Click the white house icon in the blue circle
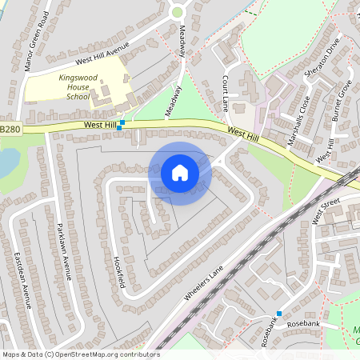[180, 173]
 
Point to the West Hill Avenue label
[102, 54]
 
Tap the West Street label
[326, 213]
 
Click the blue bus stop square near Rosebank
[279, 313]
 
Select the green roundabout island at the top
[178, 12]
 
